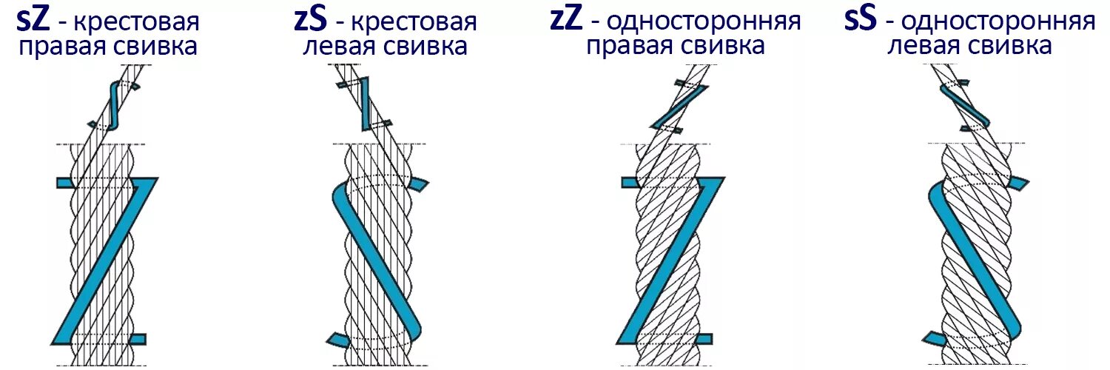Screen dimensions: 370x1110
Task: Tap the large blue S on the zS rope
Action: coord(377,259)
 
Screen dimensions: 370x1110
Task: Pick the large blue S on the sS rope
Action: coord(973,259)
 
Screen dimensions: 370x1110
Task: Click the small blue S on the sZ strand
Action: coord(113,104)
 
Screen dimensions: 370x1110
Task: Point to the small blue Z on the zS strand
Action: coord(364,104)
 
